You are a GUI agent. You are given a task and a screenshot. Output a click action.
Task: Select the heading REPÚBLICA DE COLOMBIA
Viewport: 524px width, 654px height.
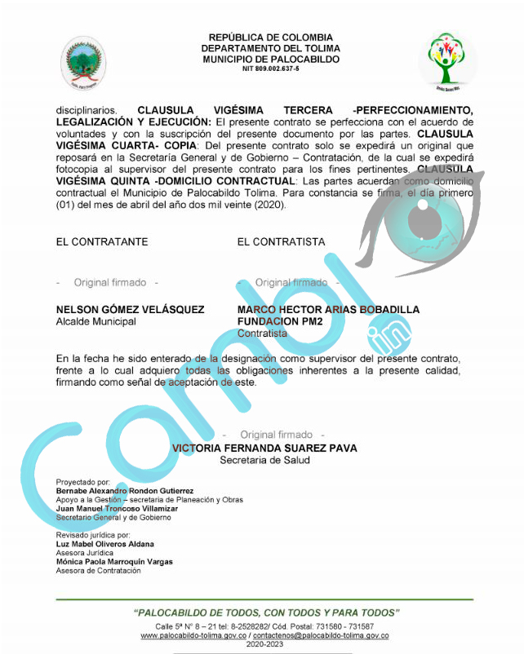270,38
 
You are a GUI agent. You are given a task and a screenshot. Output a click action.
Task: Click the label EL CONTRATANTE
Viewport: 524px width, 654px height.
101,242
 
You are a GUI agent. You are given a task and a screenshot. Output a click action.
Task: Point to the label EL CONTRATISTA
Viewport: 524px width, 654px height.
281,242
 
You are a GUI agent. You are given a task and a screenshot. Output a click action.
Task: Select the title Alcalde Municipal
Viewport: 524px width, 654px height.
95,321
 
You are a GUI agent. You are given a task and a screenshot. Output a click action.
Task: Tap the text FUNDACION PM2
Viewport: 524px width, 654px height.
280,321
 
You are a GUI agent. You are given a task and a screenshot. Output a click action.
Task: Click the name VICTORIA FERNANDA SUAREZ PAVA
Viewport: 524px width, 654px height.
264,448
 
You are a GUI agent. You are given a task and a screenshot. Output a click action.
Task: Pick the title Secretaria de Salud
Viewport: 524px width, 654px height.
264,460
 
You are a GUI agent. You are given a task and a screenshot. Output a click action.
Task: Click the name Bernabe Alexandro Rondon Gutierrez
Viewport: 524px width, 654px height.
124,491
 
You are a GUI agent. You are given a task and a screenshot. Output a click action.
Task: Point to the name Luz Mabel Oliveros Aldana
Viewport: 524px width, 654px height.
104,543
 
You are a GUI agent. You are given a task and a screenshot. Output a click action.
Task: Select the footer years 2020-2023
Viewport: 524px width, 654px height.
264,644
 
